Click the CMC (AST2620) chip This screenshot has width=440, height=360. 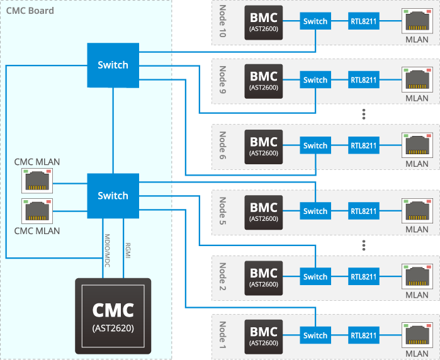[113, 315]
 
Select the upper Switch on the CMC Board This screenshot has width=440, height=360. [113, 65]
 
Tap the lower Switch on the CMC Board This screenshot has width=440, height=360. [113, 196]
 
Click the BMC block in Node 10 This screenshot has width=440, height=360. [264, 22]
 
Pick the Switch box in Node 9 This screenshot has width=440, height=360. [315, 80]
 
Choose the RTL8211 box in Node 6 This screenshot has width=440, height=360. [363, 145]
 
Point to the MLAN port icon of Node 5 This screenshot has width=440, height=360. [416, 209]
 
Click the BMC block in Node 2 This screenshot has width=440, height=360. [264, 277]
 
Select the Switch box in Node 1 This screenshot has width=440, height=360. [315, 335]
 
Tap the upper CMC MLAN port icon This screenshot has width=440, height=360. [37, 182]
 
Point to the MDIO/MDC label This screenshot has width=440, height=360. [107, 248]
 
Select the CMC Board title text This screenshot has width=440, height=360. [30, 11]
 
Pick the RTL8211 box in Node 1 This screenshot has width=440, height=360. [363, 335]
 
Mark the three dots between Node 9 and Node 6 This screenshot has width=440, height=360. [364, 114]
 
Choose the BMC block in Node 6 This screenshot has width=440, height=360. [264, 145]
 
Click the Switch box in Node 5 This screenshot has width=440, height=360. [315, 211]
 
